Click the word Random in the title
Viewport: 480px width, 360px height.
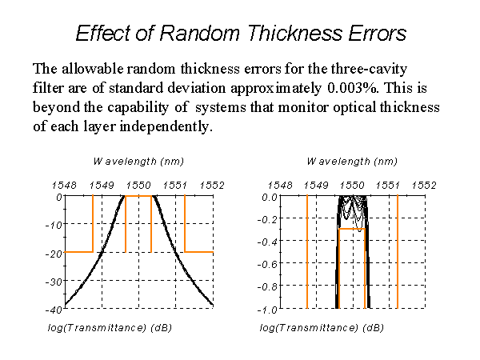199,33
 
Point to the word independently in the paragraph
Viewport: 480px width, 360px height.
166,126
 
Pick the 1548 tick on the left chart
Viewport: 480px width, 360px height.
64,186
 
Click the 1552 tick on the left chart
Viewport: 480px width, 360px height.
212,186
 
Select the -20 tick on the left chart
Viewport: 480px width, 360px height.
54,254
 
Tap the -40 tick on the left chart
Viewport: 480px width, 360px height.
54,310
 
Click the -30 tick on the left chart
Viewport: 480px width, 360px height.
54,282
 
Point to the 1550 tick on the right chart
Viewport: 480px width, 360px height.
352,186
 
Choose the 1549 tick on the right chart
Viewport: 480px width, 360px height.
316,186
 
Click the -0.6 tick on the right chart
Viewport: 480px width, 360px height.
267,264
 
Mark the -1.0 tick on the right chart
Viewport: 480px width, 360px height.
267,310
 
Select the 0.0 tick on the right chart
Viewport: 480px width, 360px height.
270,198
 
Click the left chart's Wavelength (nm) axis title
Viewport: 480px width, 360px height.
138,162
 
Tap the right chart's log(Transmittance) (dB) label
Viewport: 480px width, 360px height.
322,328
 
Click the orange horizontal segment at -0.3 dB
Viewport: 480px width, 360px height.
352,229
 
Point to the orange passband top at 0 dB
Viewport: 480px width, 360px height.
138,196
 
